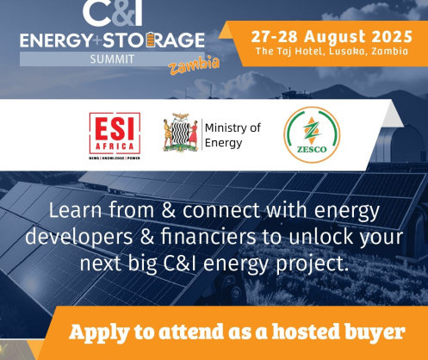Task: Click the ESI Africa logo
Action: pos(115,136)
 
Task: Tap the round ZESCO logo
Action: pos(312,135)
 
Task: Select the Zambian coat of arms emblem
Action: pos(181,133)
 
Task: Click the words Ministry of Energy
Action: pos(233,135)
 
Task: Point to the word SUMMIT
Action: pos(112,59)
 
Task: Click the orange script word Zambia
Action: pos(194,65)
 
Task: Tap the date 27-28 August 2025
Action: pos(332,37)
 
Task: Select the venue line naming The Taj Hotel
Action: pos(332,52)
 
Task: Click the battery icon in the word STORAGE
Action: pos(151,40)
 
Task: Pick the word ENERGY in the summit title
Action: pos(56,40)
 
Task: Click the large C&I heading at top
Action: pos(113,13)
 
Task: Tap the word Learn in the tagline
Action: pos(75,210)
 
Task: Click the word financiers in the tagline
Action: pos(208,237)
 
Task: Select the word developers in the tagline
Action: pos(79,238)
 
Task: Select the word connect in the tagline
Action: pos(221,211)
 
